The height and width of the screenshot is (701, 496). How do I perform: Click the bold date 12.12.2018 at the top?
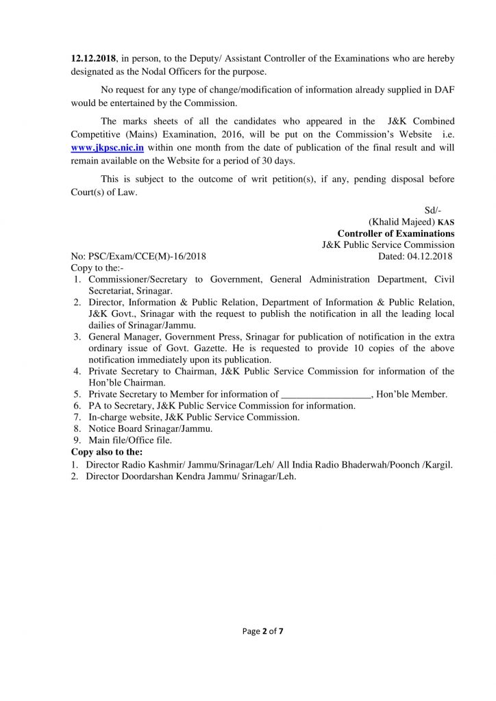click(95, 60)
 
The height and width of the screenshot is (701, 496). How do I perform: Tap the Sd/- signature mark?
click(432, 209)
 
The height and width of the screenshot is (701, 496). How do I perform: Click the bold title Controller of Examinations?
click(395, 233)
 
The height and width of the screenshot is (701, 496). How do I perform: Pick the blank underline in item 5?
click(326, 394)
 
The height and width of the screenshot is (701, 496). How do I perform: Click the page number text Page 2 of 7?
click(263, 632)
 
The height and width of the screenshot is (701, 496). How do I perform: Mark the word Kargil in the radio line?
click(439, 464)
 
